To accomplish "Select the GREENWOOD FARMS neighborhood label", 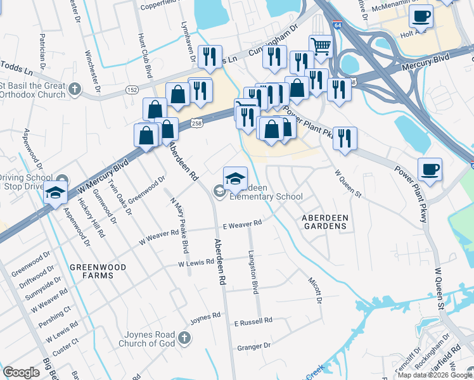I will point(98,271).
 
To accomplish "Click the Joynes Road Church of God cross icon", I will point(184,338).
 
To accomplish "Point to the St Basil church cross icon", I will point(75,89).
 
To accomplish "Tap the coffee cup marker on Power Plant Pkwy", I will point(430,169).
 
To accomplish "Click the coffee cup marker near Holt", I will point(421,16).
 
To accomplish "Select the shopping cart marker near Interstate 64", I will point(321,46).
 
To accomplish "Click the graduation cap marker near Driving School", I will point(56,193).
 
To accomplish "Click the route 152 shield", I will point(132,91).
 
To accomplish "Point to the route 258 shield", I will point(197,123).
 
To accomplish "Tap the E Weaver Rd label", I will point(242,224).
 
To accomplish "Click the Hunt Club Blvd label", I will point(144,56).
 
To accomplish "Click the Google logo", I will point(22,372).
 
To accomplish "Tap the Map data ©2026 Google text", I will point(435,375).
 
